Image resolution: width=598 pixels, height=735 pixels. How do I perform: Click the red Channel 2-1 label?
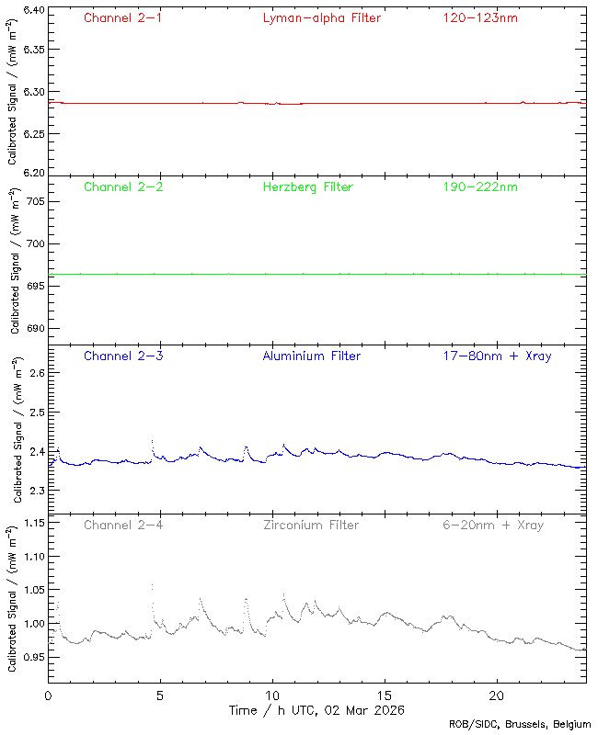point(123,18)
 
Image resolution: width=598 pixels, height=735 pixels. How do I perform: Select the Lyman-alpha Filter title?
point(321,18)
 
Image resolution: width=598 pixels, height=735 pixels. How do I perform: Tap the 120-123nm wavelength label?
point(479,18)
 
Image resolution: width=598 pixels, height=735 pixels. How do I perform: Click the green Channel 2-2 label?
point(123,187)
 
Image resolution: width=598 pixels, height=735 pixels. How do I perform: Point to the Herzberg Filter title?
point(307,187)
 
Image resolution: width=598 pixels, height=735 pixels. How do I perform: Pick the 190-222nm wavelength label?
point(479,187)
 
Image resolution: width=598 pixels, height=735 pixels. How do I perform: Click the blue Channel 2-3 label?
point(123,356)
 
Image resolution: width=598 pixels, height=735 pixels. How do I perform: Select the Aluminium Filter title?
point(311,356)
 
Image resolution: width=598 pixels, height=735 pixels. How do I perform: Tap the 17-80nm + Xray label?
point(497,356)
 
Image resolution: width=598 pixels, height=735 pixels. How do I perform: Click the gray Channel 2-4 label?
point(123,526)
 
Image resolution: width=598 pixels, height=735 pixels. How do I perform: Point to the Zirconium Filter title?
point(311,526)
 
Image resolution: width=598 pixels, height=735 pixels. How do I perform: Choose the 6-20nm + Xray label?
point(492,526)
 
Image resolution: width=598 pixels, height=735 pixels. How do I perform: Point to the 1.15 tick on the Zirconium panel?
point(32,524)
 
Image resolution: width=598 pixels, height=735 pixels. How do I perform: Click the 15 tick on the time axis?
point(385,696)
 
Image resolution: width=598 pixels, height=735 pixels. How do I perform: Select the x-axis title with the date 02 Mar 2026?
point(316,710)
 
